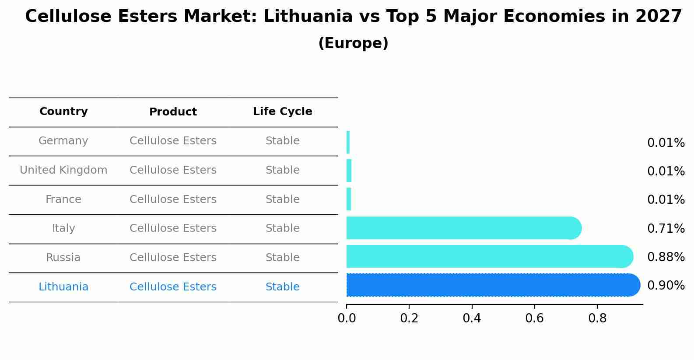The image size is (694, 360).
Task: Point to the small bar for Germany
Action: coord(348,142)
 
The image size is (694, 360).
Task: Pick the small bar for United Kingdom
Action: coord(349,171)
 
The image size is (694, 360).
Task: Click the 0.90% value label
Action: coord(666,286)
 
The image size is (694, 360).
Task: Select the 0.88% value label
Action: coord(666,257)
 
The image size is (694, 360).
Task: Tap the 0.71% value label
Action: coord(666,228)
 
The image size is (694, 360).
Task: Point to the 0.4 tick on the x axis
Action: coord(472,318)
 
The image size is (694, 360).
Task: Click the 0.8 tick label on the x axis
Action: coord(597,318)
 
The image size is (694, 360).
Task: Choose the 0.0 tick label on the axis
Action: coord(347,318)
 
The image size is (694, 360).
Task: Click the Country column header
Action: coord(63,112)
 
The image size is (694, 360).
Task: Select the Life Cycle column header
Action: coord(282,112)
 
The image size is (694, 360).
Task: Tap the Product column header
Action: coord(173,112)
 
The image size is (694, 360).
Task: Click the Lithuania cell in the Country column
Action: coord(63,287)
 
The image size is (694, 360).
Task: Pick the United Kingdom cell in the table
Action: coord(63,170)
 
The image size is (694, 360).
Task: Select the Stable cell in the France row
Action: coord(282,199)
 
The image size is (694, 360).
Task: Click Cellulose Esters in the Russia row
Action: coord(173,258)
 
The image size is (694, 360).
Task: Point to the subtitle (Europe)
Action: coord(353,43)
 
